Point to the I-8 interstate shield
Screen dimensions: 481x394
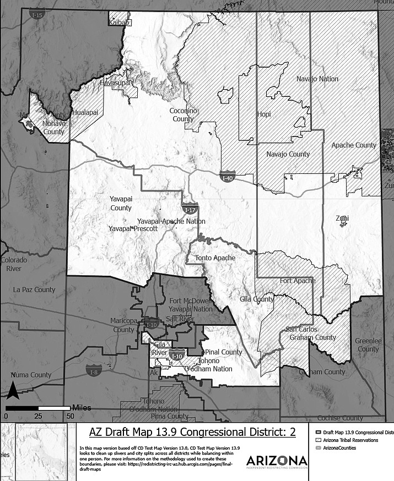pos(93,368)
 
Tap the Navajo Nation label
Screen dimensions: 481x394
pos(317,79)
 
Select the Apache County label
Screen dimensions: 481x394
pos(354,145)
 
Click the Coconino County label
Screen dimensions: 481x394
pos(183,114)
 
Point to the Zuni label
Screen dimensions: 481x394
pos(342,218)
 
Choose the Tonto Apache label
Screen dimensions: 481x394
pos(215,258)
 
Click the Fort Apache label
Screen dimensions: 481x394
pos(298,281)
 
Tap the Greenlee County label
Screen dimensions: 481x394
pos(368,345)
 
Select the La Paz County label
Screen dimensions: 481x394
pos(34,289)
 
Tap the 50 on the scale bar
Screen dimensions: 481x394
pos(70,416)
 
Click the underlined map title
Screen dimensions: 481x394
pos(192,432)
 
